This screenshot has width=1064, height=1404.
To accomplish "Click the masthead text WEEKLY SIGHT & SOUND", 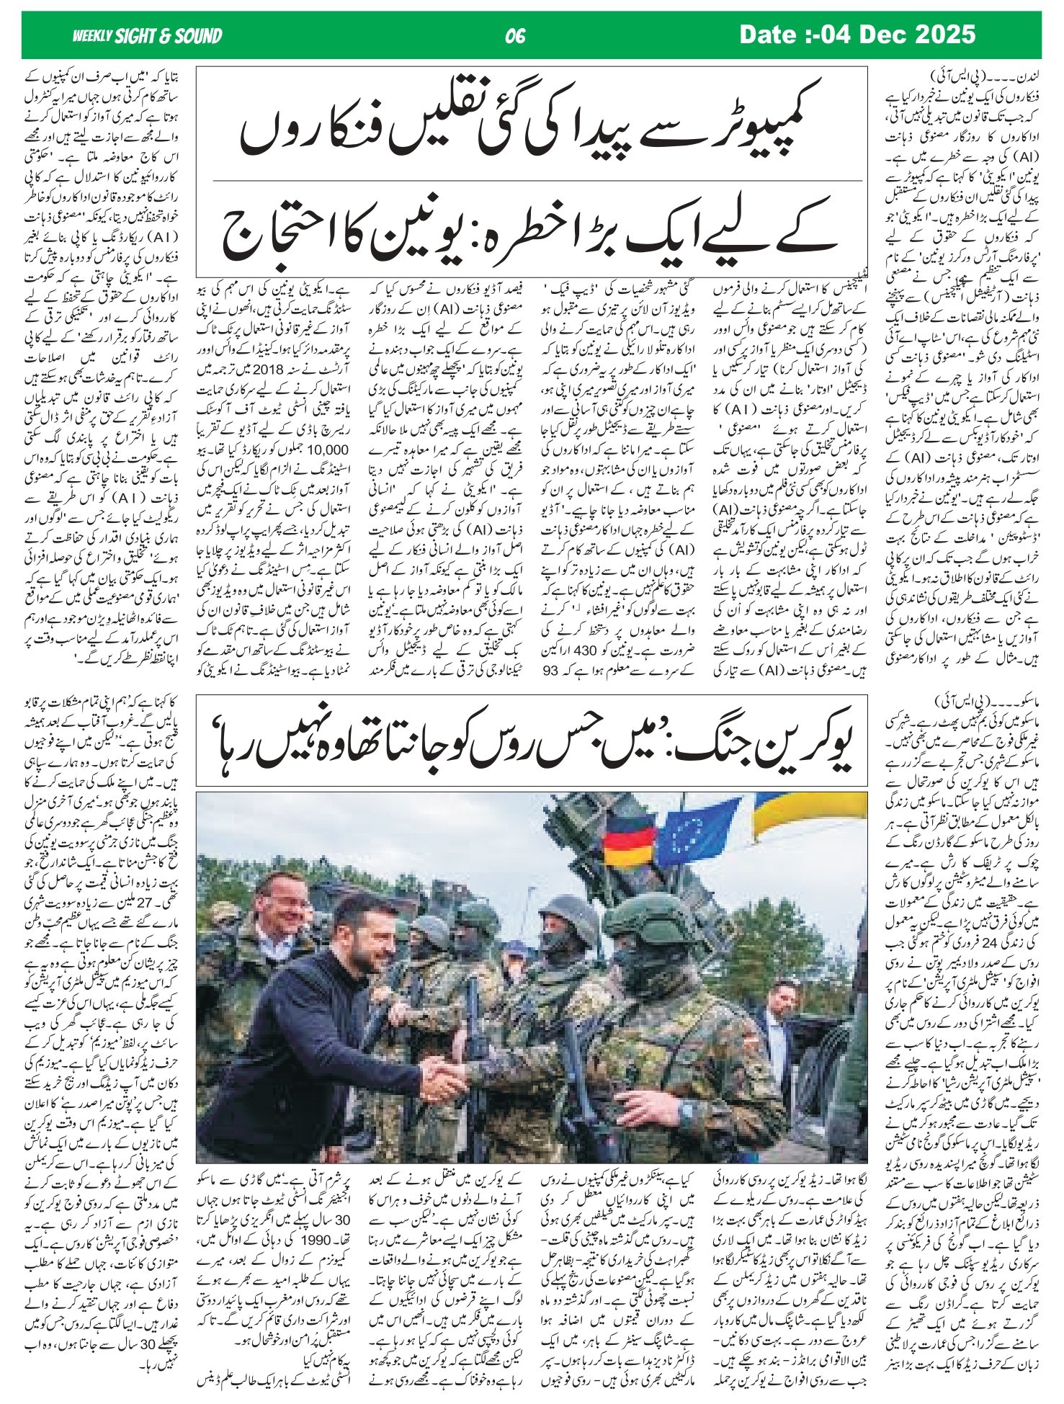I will click(x=147, y=36).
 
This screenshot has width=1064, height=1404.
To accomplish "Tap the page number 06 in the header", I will click(x=515, y=36).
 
